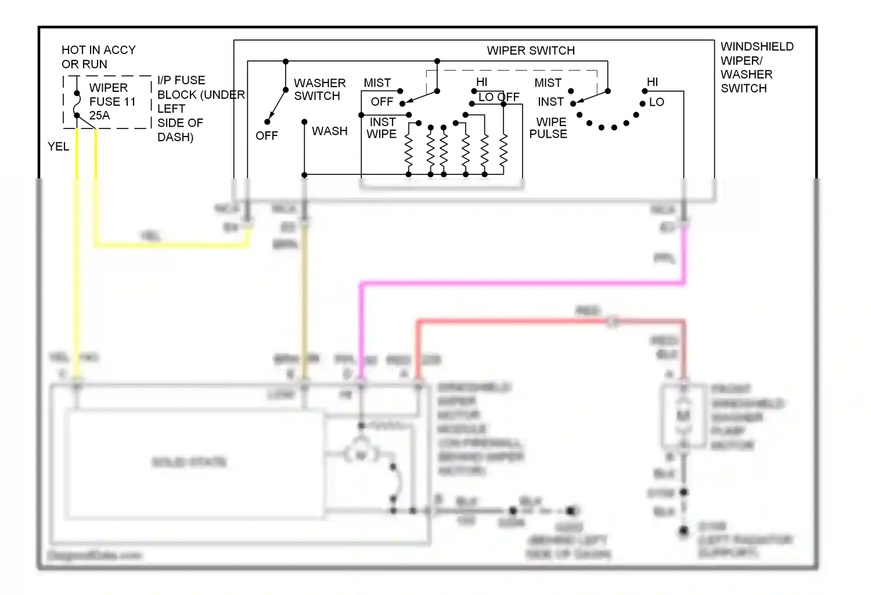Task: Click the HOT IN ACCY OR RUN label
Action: (98, 57)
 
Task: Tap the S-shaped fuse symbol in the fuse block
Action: (77, 104)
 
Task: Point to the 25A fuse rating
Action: (99, 116)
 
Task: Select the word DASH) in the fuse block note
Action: (175, 137)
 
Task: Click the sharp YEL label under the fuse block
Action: (58, 146)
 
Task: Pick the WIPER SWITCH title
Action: (531, 51)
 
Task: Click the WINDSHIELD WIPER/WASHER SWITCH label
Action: (757, 67)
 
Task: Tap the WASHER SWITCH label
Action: (319, 89)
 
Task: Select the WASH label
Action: (329, 131)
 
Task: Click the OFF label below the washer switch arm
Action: (267, 136)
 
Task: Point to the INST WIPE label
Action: (382, 128)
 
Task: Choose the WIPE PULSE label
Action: (549, 128)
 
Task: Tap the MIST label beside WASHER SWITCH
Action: (377, 83)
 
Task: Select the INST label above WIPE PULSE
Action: (550, 102)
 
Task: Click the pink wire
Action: (523, 284)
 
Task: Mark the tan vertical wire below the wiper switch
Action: (304, 291)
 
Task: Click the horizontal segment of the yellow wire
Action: (174, 245)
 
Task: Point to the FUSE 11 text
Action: (112, 102)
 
